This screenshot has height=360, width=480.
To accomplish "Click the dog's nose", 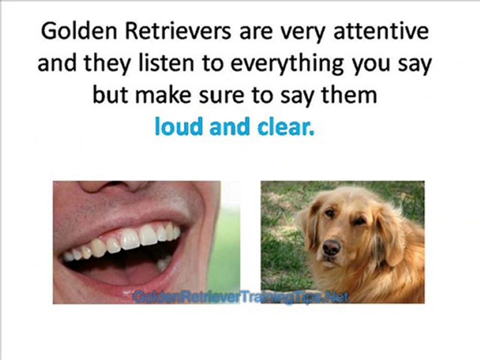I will pos(331,246).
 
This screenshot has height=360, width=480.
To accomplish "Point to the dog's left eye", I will pos(359,220).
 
